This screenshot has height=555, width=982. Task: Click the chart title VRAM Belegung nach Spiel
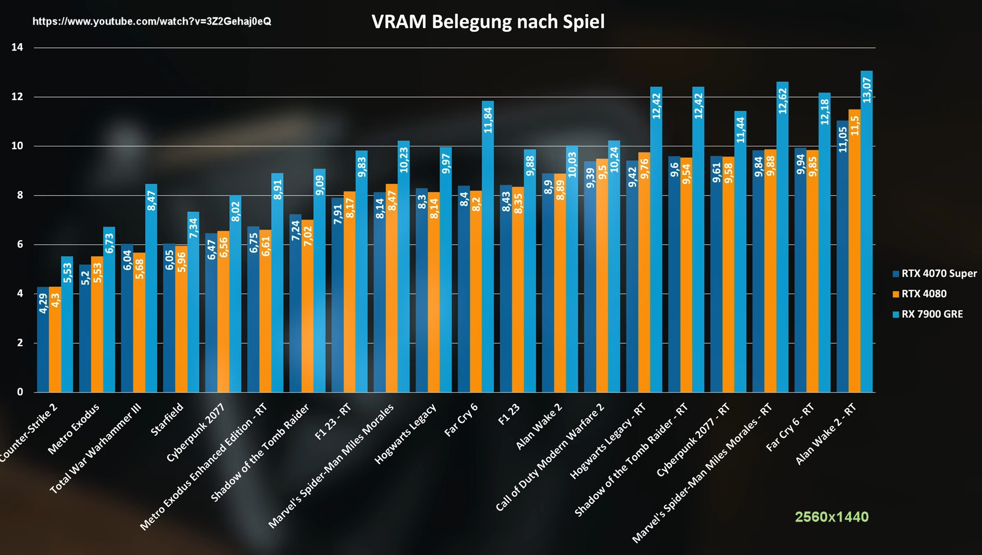(x=488, y=22)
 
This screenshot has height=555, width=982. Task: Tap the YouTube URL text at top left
(x=152, y=21)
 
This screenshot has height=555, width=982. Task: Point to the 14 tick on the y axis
(x=17, y=47)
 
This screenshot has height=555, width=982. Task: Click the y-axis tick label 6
(x=20, y=245)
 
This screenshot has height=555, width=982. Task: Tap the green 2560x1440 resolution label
(x=831, y=516)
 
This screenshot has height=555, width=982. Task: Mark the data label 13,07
(x=867, y=90)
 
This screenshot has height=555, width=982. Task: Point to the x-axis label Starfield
(x=167, y=420)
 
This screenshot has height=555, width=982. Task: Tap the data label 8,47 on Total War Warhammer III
(x=151, y=200)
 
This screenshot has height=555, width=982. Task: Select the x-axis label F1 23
(x=509, y=414)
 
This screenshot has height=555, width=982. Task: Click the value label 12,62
(x=782, y=101)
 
